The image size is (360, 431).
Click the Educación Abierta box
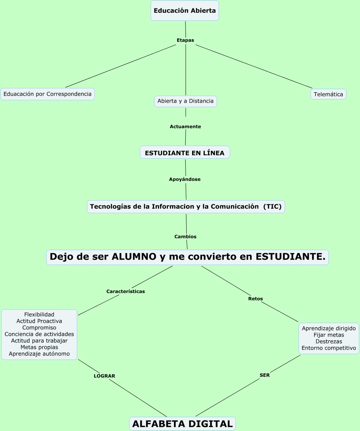pos(185,11)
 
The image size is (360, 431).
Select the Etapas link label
pos(185,40)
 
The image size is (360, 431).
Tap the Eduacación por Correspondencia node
pos(48,94)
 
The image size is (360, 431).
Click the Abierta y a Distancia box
pos(186,101)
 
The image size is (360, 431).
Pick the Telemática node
pos(328,94)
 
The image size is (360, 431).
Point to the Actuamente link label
pos(185,126)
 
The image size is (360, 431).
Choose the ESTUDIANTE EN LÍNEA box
pos(185,153)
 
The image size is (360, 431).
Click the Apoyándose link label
pos(185,179)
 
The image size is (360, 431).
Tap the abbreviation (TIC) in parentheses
pos(272,207)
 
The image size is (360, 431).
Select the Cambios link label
pos(185,237)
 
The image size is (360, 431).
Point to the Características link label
pos(126,291)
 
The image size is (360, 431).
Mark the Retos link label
pos(255,298)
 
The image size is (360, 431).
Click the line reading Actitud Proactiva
pos(39,321)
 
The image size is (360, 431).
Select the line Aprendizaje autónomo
pos(39,354)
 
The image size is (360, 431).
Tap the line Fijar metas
pos(329,335)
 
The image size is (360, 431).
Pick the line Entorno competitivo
pos(329,348)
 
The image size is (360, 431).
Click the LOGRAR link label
pos(105,376)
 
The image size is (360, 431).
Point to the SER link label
pos(265,375)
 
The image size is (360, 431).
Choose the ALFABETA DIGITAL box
pos(182,424)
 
